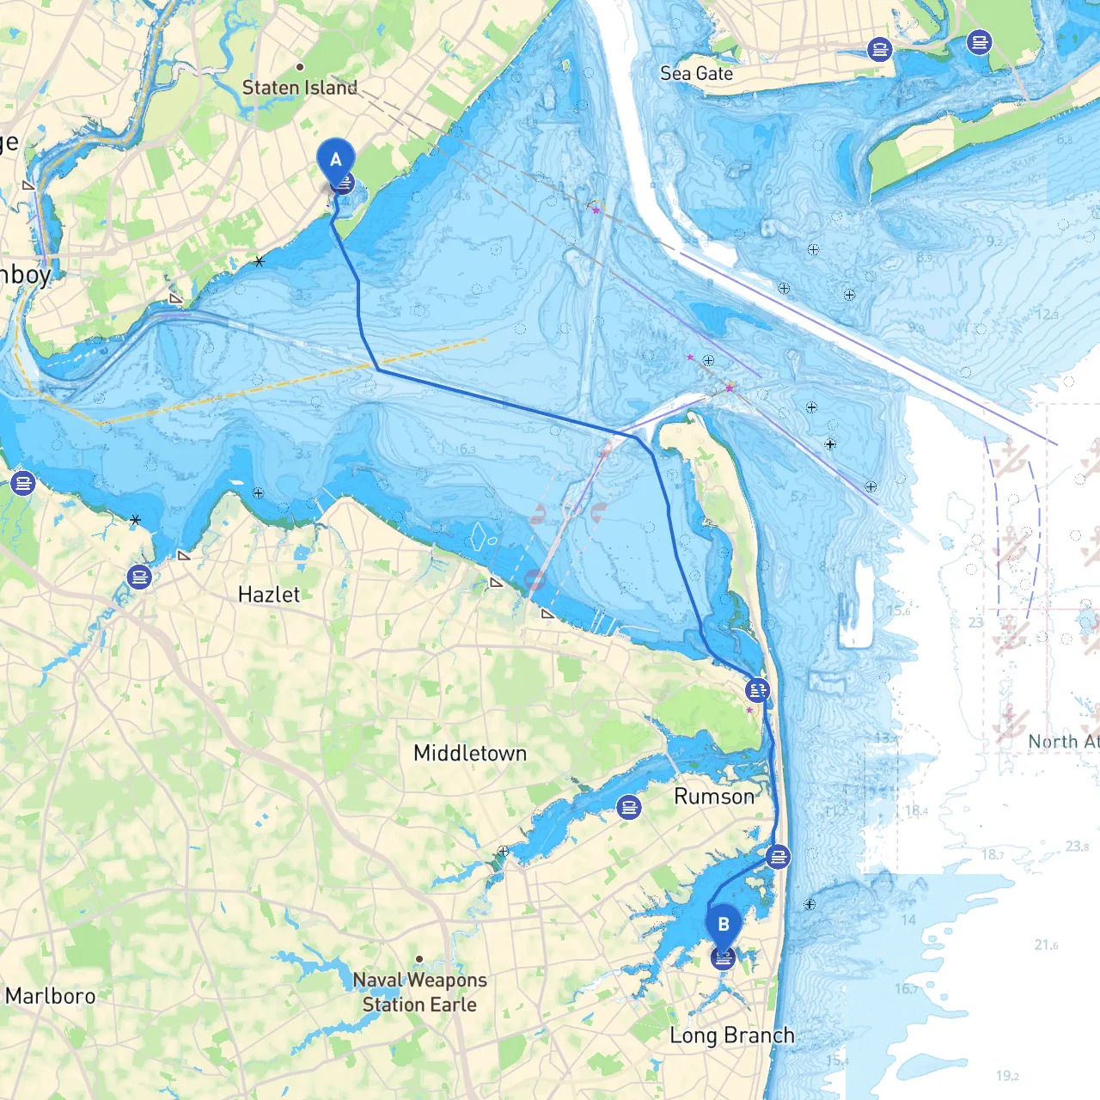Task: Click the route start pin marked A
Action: pyautogui.click(x=336, y=161)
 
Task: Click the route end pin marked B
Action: pyautogui.click(x=724, y=926)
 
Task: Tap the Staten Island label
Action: pyautogui.click(x=299, y=88)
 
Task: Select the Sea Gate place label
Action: pyautogui.click(x=696, y=74)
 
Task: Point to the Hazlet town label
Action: pyautogui.click(x=269, y=595)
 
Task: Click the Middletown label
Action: pyautogui.click(x=470, y=754)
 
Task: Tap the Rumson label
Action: pyautogui.click(x=714, y=797)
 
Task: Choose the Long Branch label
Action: pyautogui.click(x=732, y=1036)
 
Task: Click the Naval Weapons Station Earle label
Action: pyautogui.click(x=419, y=993)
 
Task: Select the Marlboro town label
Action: pyautogui.click(x=51, y=996)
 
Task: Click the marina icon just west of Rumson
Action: pyautogui.click(x=629, y=807)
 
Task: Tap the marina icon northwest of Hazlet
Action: pyautogui.click(x=139, y=577)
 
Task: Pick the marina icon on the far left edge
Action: pyautogui.click(x=23, y=484)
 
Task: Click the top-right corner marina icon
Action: pyautogui.click(x=979, y=41)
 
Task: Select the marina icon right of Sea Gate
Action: pyautogui.click(x=879, y=50)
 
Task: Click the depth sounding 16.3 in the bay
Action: pyautogui.click(x=466, y=449)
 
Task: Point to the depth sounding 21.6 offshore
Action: pyautogui.click(x=1046, y=945)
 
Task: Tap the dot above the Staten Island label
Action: pyautogui.click(x=300, y=67)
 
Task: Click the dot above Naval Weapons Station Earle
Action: pyautogui.click(x=419, y=959)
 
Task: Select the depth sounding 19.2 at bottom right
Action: pyautogui.click(x=1007, y=1076)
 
